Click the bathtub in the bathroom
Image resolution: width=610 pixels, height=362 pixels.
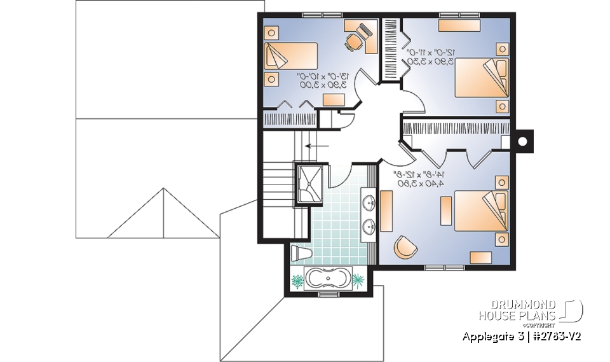pyautogui.click(x=327, y=279)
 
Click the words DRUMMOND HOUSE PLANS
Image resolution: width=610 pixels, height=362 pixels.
pyautogui.click(x=517, y=310)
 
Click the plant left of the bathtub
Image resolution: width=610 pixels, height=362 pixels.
pyautogui.click(x=297, y=279)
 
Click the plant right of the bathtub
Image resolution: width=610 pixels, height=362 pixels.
pyautogui.click(x=358, y=279)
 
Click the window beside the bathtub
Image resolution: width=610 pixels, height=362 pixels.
pyautogui.click(x=327, y=295)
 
